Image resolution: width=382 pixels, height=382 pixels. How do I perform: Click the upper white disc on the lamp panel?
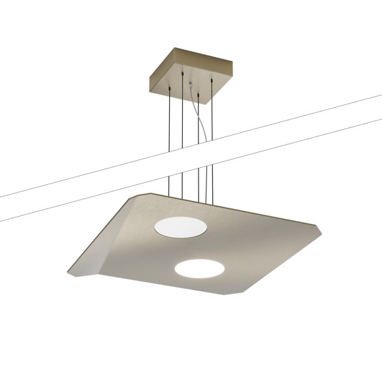180,227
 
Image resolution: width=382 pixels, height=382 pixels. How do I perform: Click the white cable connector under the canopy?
190,85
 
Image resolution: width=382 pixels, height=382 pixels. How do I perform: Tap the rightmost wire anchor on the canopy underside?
212,80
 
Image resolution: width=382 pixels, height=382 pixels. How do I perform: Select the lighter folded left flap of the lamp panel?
108,242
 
